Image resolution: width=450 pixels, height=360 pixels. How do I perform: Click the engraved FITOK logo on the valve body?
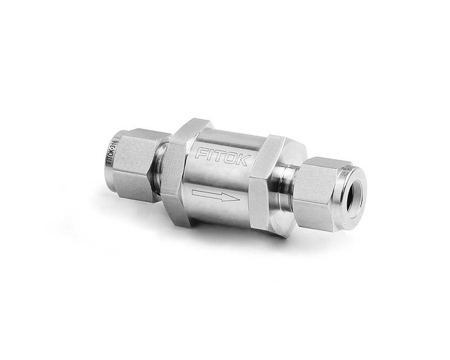coord(222,157)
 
